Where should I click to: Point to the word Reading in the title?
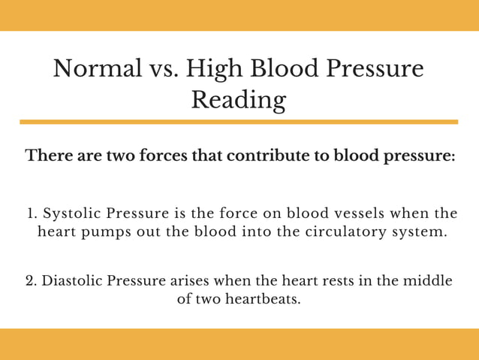click(239, 100)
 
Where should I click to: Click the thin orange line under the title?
click(239, 122)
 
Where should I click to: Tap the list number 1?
click(32, 213)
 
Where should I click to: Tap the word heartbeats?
click(258, 299)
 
